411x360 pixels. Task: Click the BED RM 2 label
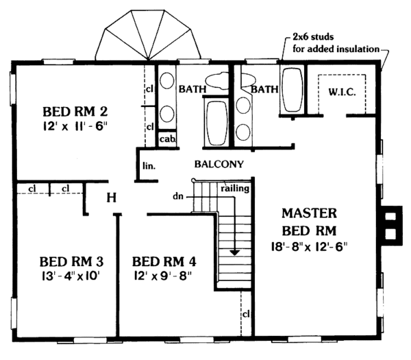click(x=75, y=111)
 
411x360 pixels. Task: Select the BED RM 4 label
click(x=164, y=261)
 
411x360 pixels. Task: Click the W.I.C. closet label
click(x=340, y=92)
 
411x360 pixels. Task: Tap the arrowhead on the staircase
click(x=235, y=252)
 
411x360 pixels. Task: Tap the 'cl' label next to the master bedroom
click(x=245, y=314)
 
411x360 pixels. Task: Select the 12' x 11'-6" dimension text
click(x=75, y=125)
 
